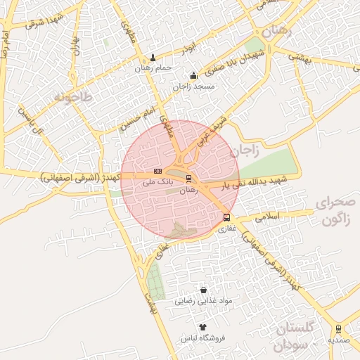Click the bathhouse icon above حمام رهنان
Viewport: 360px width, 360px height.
(154, 58)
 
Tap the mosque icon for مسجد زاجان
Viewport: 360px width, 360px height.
(193, 76)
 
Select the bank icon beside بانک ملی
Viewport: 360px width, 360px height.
(157, 171)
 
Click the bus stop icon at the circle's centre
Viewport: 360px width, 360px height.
(188, 179)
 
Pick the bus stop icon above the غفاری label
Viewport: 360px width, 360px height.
(226, 217)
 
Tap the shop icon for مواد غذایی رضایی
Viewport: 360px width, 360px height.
(204, 290)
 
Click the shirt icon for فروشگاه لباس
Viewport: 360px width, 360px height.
(203, 327)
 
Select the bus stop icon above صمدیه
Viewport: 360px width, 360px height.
(339, 328)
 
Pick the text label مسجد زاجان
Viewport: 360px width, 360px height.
(193, 86)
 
